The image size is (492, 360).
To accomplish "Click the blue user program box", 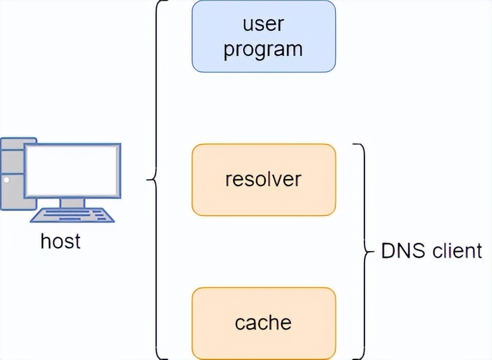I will point(263,36).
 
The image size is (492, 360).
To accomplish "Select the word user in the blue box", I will point(263,25).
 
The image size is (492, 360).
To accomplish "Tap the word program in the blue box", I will point(263,49).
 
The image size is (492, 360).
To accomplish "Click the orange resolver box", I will point(263,179).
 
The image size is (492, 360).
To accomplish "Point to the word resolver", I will point(263,179).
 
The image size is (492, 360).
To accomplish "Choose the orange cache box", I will point(263,323).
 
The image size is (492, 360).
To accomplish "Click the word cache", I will point(263,323).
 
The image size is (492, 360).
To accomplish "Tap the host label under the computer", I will point(60,241).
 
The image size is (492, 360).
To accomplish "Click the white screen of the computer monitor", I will point(72,171).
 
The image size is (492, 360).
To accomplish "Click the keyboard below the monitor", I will point(72,215).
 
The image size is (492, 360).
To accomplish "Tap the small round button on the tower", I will point(7,179).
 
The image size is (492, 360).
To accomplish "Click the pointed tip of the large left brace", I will point(147,179).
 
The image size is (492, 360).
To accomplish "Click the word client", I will point(455,251).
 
